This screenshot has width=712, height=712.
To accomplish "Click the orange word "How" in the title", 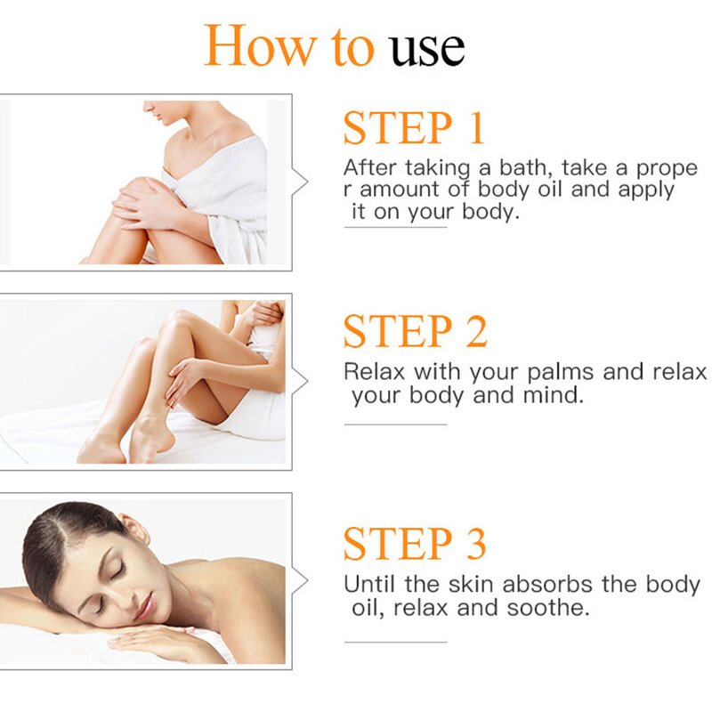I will [x=257, y=46].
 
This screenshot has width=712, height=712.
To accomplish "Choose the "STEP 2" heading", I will [x=416, y=331].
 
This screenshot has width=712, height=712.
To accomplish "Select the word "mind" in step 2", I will [x=553, y=394].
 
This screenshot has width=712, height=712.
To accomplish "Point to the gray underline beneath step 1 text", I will [x=395, y=228].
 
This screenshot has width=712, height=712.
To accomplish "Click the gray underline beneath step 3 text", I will [x=395, y=642].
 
